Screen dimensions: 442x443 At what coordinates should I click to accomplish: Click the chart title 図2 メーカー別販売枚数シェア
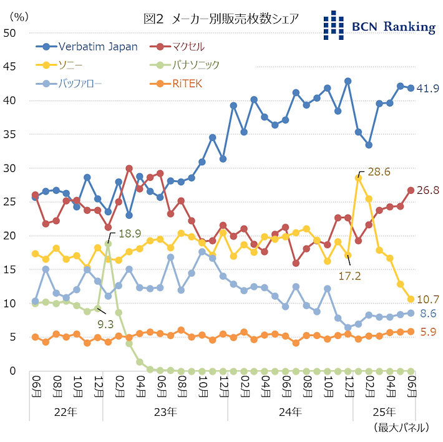click(x=221, y=19)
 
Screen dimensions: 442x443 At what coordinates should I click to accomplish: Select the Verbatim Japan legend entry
click(x=97, y=47)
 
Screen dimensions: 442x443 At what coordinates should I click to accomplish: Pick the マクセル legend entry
click(x=191, y=47)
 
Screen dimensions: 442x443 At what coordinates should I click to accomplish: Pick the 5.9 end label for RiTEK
click(x=427, y=332)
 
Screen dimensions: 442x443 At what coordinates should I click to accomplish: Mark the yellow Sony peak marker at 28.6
click(x=358, y=178)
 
